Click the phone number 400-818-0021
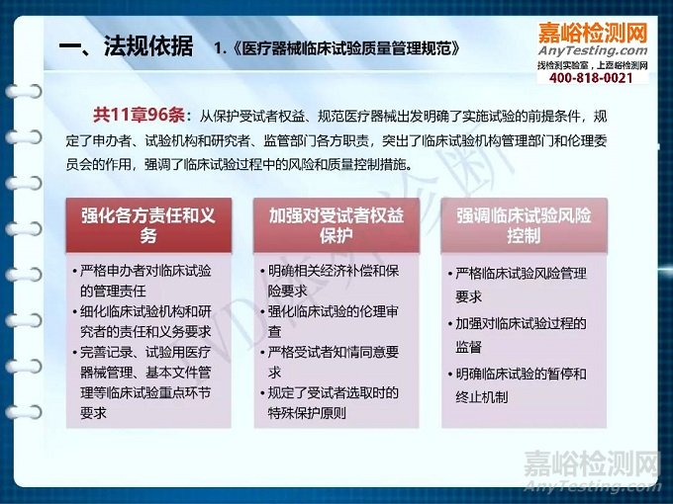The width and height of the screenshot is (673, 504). point(591,78)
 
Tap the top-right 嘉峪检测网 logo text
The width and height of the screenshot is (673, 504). point(592,32)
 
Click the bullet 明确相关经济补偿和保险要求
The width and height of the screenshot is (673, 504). point(334,280)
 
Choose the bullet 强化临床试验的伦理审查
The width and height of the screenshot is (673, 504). point(334,321)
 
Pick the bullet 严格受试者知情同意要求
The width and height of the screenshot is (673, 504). point(334,362)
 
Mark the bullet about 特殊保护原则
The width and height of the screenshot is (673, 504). point(334,402)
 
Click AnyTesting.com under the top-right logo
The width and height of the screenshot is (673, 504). point(593,51)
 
